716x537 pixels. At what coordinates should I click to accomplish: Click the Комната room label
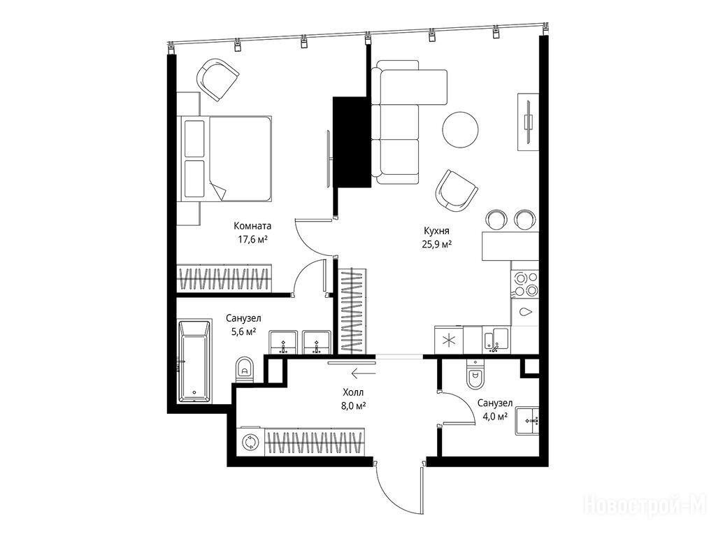tap(252, 226)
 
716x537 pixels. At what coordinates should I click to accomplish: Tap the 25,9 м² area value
tap(437, 244)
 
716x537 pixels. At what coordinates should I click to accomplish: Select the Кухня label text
tap(436, 231)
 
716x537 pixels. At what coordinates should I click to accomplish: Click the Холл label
tap(353, 392)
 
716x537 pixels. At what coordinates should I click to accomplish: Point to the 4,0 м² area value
tap(495, 417)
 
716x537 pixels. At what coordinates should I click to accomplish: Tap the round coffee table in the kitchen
tap(460, 129)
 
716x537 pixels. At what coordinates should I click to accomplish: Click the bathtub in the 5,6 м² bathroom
tap(194, 361)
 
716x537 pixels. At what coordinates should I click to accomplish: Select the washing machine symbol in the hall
tap(250, 442)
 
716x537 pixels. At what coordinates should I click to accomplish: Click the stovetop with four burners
tap(526, 284)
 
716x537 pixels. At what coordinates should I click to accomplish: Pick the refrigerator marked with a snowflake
tap(449, 341)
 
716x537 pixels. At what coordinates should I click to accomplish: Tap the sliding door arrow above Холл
tap(364, 374)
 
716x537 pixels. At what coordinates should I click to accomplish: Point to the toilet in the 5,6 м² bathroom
tap(245, 369)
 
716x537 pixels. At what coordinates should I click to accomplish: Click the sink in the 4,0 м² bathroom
tap(528, 420)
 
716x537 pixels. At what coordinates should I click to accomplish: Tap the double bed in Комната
tap(227, 159)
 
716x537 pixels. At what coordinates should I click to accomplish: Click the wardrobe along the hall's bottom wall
tap(315, 442)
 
